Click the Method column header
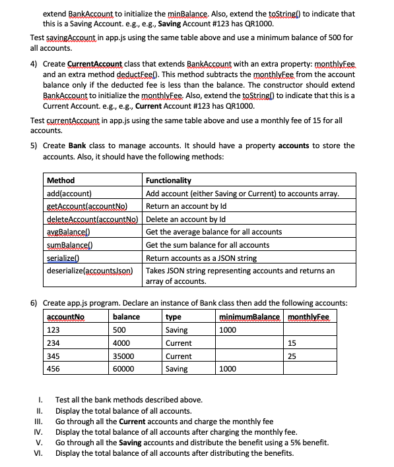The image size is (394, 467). pyautogui.click(x=61, y=180)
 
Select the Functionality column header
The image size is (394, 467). pyautogui.click(x=168, y=180)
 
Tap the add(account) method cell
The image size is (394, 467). pyautogui.click(x=69, y=193)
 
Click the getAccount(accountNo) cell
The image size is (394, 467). pyautogui.click(x=87, y=206)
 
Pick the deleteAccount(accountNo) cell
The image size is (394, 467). pyautogui.click(x=92, y=219)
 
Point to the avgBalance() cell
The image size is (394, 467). pyautogui.click(x=68, y=232)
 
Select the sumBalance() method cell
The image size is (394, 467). pyautogui.click(x=69, y=244)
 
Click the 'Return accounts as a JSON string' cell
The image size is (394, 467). pyautogui.click(x=201, y=258)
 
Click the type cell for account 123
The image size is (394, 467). pyautogui.click(x=176, y=330)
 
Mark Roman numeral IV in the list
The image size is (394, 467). pyautogui.click(x=38, y=433)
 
